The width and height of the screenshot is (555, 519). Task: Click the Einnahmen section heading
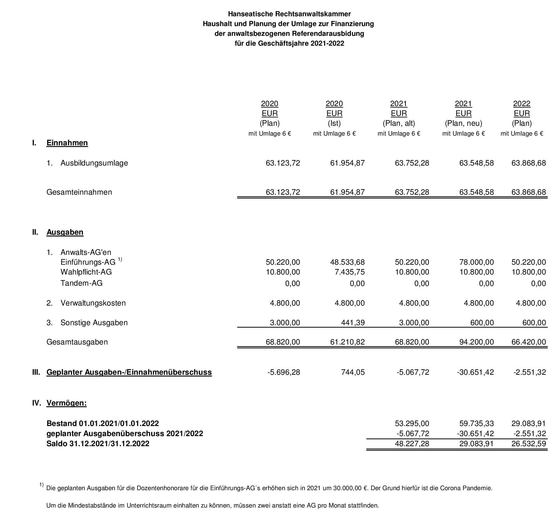[x=67, y=143]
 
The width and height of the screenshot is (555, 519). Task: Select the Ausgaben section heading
[x=65, y=232]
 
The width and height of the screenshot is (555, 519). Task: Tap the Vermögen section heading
[x=66, y=403]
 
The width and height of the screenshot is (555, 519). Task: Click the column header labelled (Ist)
[x=334, y=123]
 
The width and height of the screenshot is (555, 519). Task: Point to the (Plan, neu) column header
[x=463, y=123]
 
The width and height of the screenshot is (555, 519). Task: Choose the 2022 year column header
[x=522, y=104]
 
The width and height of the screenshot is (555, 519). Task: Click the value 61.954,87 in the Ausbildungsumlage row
[x=347, y=163]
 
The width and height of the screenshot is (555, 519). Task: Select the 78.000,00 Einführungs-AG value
[x=477, y=262]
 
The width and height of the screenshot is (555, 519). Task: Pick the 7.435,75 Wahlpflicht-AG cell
[x=350, y=272]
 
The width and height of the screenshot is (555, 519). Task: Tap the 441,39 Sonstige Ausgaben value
[x=353, y=323]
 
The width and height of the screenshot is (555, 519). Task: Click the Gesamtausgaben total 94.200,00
[x=477, y=342]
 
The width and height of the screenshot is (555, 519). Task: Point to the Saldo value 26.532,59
[x=529, y=444]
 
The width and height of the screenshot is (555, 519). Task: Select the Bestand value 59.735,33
[x=477, y=423]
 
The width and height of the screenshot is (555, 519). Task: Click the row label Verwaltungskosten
[x=93, y=303]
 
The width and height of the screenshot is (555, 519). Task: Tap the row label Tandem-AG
[x=82, y=283]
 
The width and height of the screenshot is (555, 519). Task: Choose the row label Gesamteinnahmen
[x=79, y=192]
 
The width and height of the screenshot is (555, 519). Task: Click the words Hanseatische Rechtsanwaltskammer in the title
[x=289, y=14]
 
